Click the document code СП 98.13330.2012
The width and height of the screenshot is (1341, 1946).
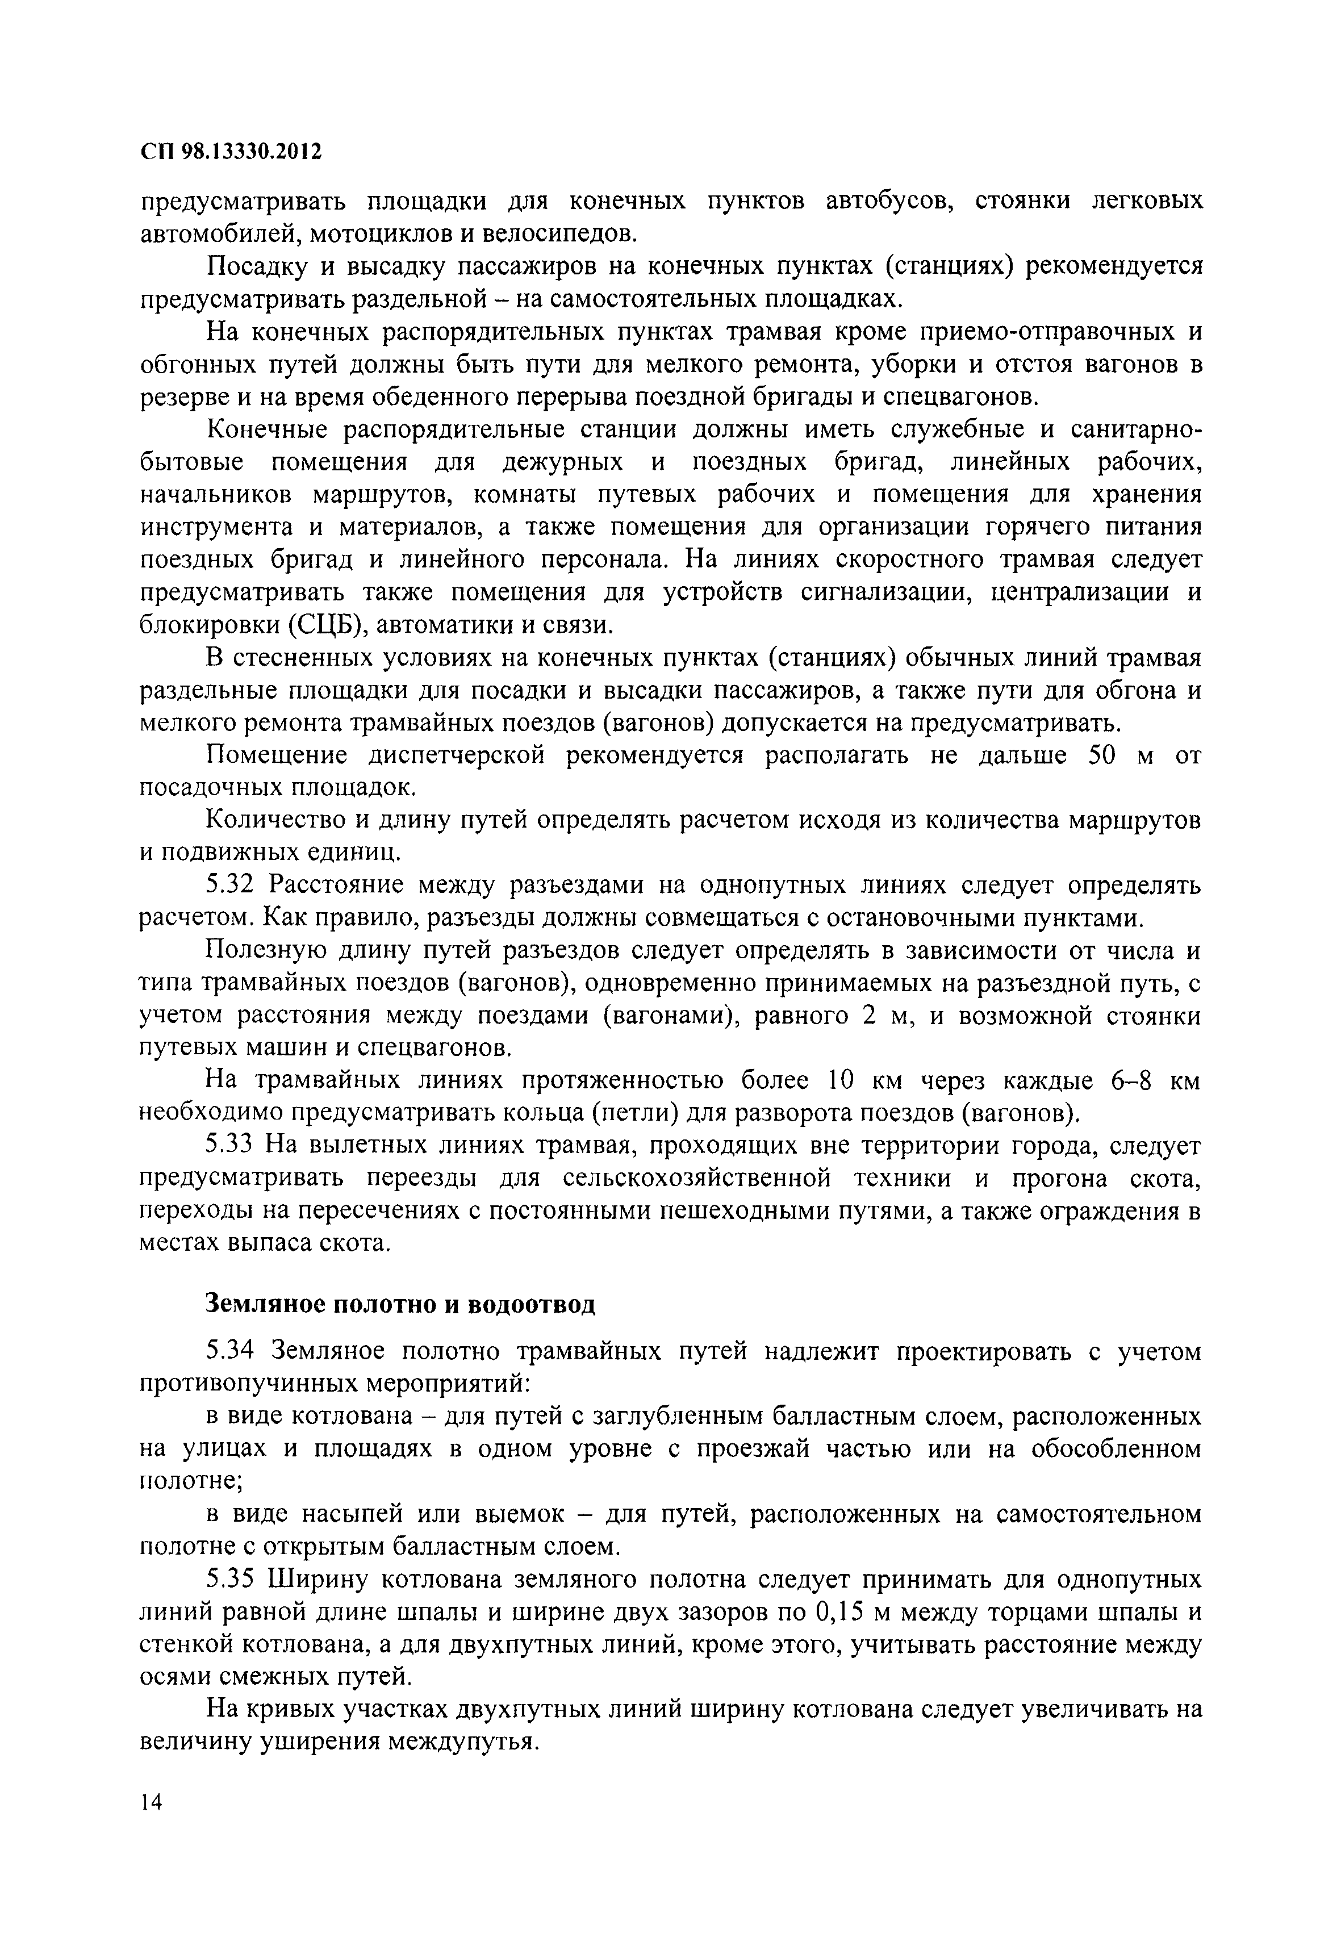click(231, 152)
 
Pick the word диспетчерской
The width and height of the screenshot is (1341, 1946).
click(457, 755)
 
